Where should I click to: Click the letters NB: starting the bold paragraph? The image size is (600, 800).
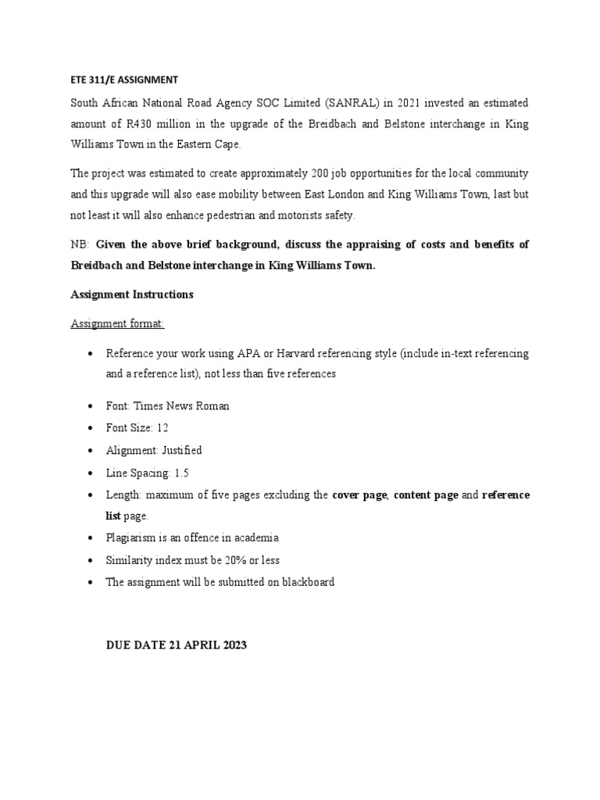click(x=80, y=245)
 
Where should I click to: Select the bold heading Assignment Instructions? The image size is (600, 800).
click(x=132, y=295)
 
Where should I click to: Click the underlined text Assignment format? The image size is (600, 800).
click(x=118, y=323)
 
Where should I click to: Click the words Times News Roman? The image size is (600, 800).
click(x=182, y=406)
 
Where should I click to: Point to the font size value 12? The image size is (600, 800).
click(x=162, y=428)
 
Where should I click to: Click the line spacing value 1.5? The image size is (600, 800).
click(x=181, y=473)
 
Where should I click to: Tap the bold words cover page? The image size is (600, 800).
click(x=359, y=495)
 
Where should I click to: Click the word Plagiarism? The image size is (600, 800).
click(x=130, y=538)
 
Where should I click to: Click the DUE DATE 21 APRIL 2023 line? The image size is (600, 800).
click(x=177, y=646)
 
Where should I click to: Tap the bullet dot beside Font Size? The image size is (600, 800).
click(x=91, y=428)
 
